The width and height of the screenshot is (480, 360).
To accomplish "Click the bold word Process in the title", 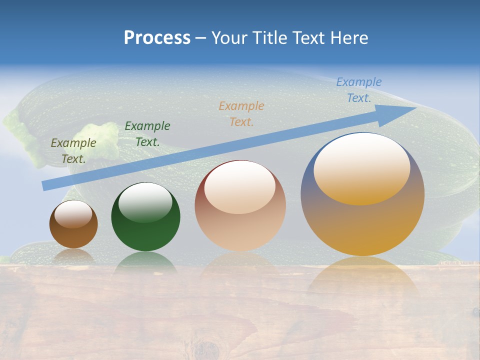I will click(x=157, y=38).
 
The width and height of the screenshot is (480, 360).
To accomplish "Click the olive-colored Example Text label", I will click(x=73, y=150).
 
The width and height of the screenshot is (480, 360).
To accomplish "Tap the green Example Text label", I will click(x=147, y=133).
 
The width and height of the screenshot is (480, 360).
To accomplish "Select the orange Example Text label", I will click(x=241, y=113).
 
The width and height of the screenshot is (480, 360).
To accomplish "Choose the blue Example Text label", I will click(x=359, y=89).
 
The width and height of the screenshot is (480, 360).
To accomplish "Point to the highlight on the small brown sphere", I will click(x=73, y=214).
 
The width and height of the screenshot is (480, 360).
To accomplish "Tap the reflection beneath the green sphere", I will click(x=145, y=262).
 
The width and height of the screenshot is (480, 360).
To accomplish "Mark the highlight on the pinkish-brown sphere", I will click(x=240, y=187).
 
